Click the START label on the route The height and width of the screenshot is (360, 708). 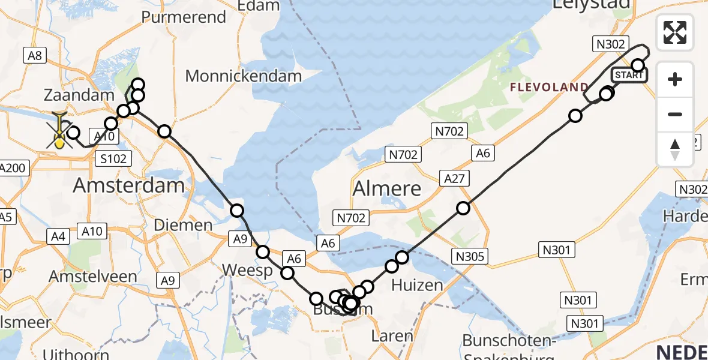point(629,75)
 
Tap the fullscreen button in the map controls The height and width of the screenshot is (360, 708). point(675,32)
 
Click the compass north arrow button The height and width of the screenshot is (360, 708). point(675,149)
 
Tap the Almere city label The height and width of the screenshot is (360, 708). point(386,188)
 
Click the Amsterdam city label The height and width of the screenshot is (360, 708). point(128,185)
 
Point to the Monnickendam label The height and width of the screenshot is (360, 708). point(243,76)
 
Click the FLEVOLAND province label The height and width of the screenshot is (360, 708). point(549,88)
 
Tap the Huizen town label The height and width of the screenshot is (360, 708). point(418,284)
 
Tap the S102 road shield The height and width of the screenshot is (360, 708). point(113,159)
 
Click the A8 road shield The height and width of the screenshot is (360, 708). point(34,56)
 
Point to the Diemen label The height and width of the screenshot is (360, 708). point(183,226)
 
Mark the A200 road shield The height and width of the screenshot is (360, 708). point(13,168)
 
